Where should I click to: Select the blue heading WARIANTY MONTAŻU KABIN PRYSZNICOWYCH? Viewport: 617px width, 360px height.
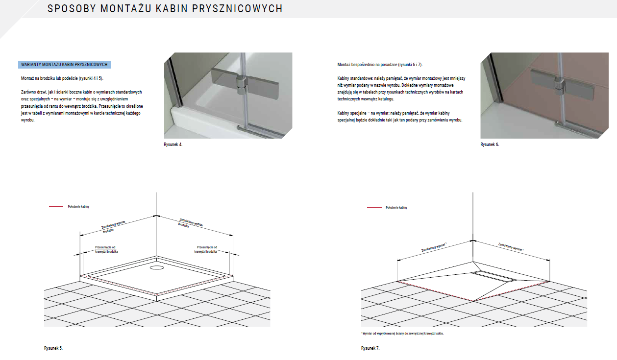(x=64, y=65)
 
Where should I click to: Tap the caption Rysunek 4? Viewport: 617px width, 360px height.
(x=173, y=144)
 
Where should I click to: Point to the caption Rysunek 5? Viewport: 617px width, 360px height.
(x=53, y=348)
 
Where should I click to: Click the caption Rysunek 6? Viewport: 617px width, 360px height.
(x=490, y=144)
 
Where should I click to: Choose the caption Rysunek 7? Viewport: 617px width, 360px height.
(x=370, y=348)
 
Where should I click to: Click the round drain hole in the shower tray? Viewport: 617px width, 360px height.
(x=158, y=268)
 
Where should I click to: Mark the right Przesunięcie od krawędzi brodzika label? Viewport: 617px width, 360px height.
(x=206, y=249)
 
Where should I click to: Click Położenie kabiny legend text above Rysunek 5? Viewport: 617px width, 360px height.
(x=78, y=207)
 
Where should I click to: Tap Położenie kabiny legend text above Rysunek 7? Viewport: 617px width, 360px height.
(x=396, y=207)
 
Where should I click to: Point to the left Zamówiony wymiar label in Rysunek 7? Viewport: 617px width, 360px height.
(x=434, y=247)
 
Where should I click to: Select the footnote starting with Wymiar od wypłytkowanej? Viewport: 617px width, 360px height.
(x=405, y=333)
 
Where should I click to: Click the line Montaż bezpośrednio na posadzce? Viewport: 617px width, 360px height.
(x=380, y=65)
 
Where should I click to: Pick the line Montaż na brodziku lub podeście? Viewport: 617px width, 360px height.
(x=62, y=78)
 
